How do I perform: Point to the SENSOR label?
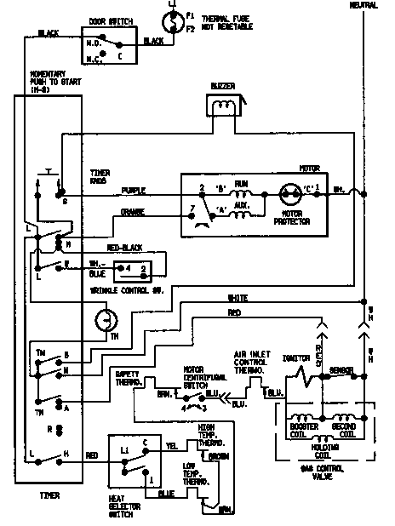pyautogui.click(x=342, y=371)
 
